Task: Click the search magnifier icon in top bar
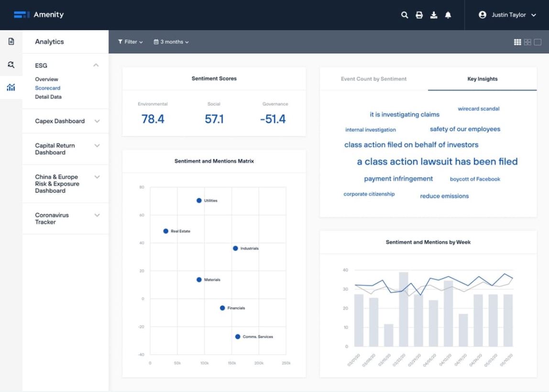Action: pyautogui.click(x=405, y=15)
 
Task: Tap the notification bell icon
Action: pyautogui.click(x=448, y=15)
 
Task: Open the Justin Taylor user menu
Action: pyautogui.click(x=507, y=15)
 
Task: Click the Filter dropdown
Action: pyautogui.click(x=131, y=42)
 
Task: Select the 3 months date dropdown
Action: pyautogui.click(x=171, y=42)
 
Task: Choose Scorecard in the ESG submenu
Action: pyautogui.click(x=47, y=88)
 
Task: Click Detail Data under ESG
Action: pyautogui.click(x=48, y=97)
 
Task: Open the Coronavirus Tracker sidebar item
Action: pyautogui.click(x=52, y=218)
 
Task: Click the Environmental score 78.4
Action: pyautogui.click(x=153, y=119)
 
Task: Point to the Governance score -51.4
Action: pyautogui.click(x=273, y=119)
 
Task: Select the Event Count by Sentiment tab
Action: pyautogui.click(x=373, y=79)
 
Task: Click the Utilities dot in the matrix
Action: pyautogui.click(x=199, y=200)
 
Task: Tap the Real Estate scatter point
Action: pyautogui.click(x=166, y=231)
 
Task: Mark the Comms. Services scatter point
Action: pyautogui.click(x=238, y=337)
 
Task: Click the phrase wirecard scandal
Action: pyautogui.click(x=478, y=109)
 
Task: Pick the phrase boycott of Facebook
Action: pyautogui.click(x=475, y=179)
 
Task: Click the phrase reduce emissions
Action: pyautogui.click(x=444, y=196)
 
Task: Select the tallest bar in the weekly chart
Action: pyautogui.click(x=404, y=309)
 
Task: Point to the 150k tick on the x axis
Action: pyautogui.click(x=231, y=363)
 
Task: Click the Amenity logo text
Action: pyautogui.click(x=48, y=15)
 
